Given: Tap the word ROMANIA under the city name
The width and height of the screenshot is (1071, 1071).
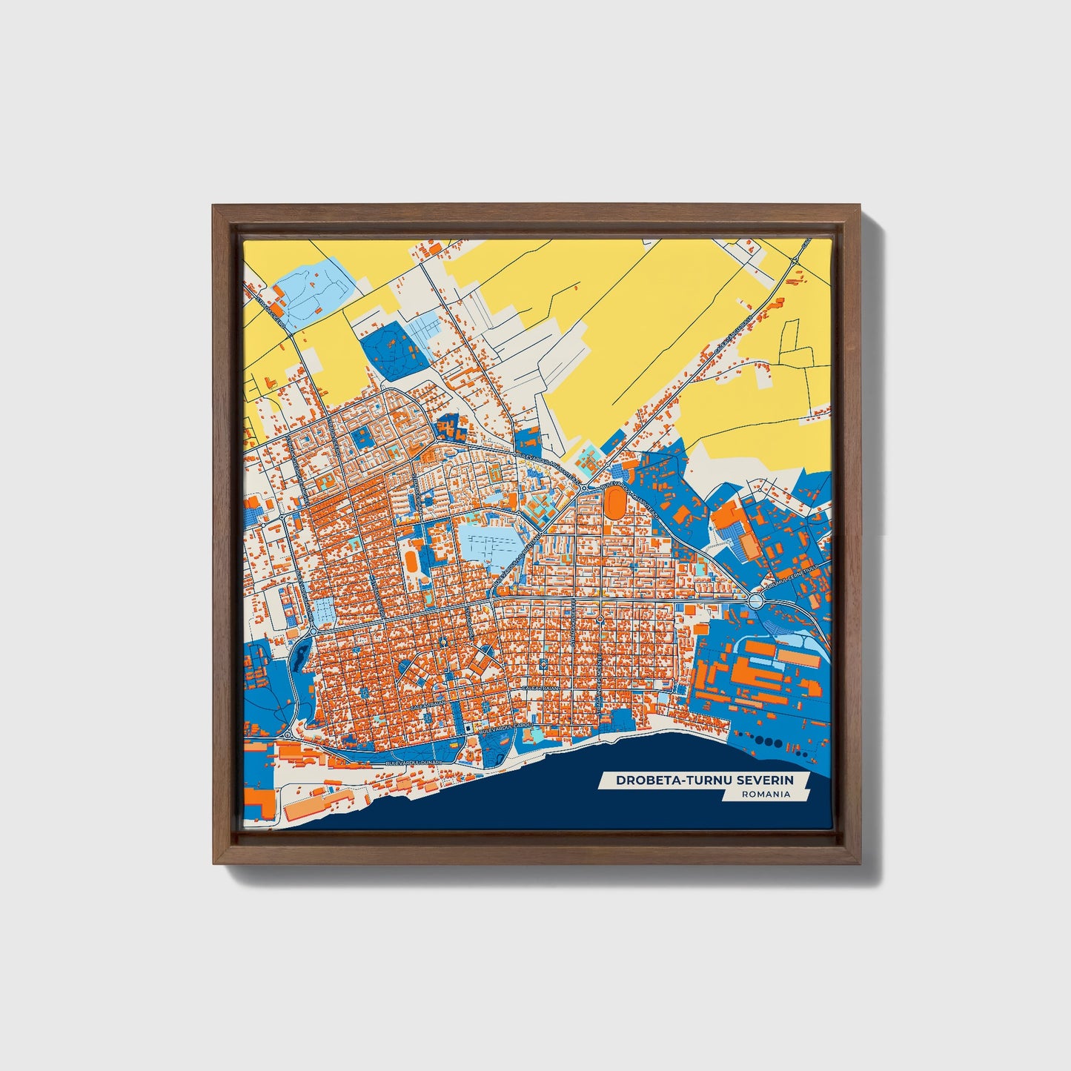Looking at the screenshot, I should point(765,794).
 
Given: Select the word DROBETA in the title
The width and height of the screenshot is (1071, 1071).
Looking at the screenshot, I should point(642,780).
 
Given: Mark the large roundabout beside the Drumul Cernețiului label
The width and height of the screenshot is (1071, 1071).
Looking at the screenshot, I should point(756,600).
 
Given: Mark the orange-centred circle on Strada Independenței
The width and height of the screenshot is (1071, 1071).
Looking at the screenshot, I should point(599,618).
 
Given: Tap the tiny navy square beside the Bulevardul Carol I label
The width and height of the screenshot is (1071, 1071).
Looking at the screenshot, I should point(468,730).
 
